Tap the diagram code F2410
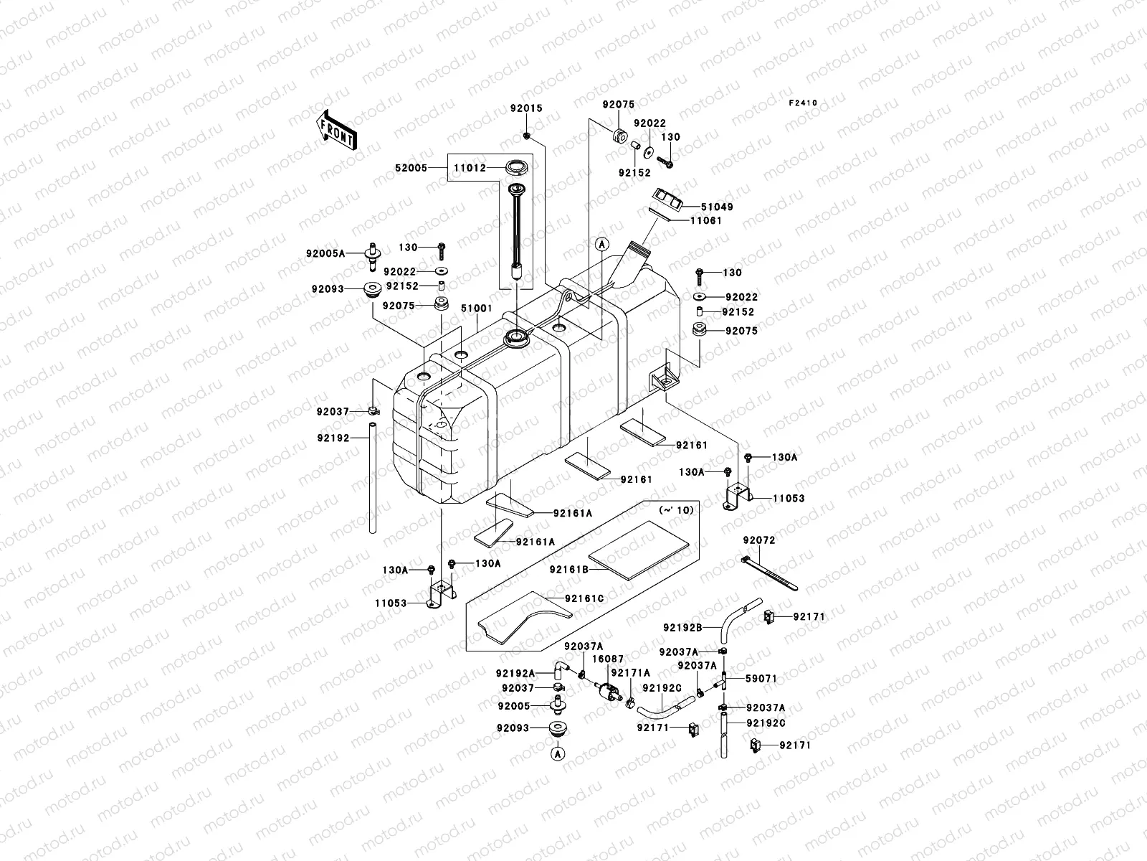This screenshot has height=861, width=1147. (x=803, y=103)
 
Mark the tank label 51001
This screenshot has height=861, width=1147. (x=476, y=308)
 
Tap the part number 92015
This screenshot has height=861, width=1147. (x=526, y=108)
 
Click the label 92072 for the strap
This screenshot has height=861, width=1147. (x=759, y=540)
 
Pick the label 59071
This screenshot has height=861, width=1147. (x=761, y=678)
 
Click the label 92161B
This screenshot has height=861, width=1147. (x=569, y=570)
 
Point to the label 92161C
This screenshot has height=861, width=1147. (x=584, y=598)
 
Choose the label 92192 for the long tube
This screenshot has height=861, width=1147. (x=333, y=436)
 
